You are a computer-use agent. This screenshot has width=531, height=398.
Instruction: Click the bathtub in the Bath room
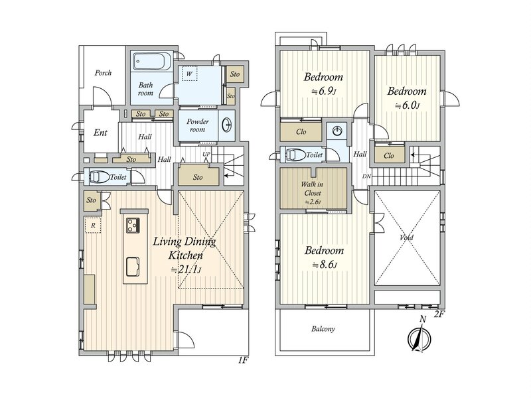152,62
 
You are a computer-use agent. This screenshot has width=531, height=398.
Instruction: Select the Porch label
103,73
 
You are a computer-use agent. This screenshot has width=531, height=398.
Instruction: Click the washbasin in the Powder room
226,126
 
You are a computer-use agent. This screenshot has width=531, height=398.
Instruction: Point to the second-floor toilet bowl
295,155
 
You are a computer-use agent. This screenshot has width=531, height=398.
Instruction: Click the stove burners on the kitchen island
133,226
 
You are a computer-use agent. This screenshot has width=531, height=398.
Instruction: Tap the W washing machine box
189,74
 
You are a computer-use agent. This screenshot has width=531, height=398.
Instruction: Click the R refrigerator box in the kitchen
93,225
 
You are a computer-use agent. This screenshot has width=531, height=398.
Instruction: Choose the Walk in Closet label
312,189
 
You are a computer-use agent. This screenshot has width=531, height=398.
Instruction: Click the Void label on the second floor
406,237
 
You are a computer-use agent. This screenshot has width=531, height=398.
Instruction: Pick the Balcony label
323,328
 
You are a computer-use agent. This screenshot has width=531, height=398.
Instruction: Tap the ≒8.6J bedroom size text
325,265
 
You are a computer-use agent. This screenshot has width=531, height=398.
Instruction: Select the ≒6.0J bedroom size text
407,105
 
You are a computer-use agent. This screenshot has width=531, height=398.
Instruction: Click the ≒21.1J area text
186,269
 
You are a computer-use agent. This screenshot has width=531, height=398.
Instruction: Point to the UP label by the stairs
206,155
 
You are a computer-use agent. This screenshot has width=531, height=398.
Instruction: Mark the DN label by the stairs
366,176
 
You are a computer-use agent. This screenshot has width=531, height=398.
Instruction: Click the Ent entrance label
100,133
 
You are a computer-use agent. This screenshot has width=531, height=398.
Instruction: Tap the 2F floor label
439,314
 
